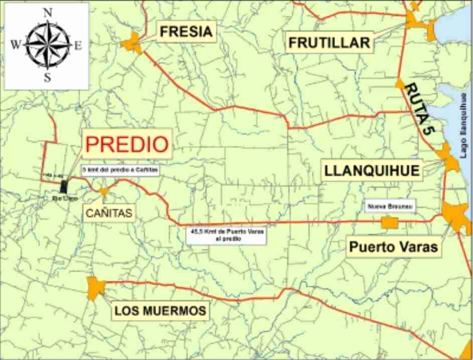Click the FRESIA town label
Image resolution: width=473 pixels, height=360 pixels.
pyautogui.click(x=186, y=33)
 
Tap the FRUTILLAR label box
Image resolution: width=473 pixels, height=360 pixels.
pyautogui.click(x=329, y=43)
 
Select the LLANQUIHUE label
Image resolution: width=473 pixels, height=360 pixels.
pyautogui.click(x=372, y=170)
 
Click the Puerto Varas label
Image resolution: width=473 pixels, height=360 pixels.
pyautogui.click(x=393, y=247)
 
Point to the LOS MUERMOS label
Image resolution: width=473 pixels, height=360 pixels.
pyautogui.click(x=160, y=311)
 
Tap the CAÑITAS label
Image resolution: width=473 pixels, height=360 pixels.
pyautogui.click(x=108, y=213)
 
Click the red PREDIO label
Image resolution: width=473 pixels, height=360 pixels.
pyautogui.click(x=126, y=144)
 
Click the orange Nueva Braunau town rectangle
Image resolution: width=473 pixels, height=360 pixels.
pyautogui.click(x=389, y=223)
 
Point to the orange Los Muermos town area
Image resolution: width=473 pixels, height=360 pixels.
pyautogui.click(x=95, y=287)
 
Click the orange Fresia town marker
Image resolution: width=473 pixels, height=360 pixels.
pyautogui.click(x=132, y=43)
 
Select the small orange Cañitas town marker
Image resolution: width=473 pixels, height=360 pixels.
pyautogui.click(x=103, y=191)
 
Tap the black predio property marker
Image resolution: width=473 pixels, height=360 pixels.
pyautogui.click(x=64, y=186)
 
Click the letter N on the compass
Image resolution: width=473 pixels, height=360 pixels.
pyautogui.click(x=48, y=14)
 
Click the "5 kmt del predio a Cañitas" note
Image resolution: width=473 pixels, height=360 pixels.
pyautogui.click(x=120, y=170)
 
